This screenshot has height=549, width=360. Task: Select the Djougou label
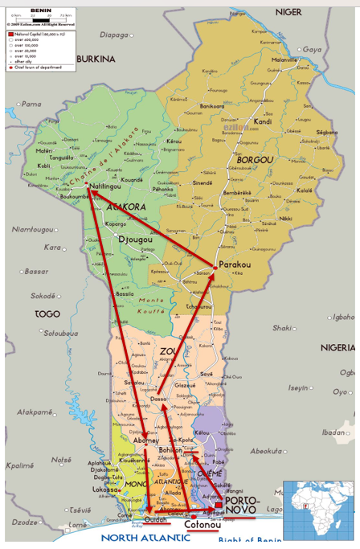coord(134,240)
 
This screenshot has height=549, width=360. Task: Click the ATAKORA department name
coord(125,207)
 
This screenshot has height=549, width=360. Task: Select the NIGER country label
coord(288,12)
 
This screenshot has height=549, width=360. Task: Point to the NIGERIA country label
coord(338,347)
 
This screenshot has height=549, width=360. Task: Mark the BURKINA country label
coord(96,59)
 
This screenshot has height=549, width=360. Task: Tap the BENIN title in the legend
coord(40,9)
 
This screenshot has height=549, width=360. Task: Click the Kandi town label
coord(262,122)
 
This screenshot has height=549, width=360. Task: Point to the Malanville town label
coord(284,60)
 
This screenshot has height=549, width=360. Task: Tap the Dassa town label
coord(158,399)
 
